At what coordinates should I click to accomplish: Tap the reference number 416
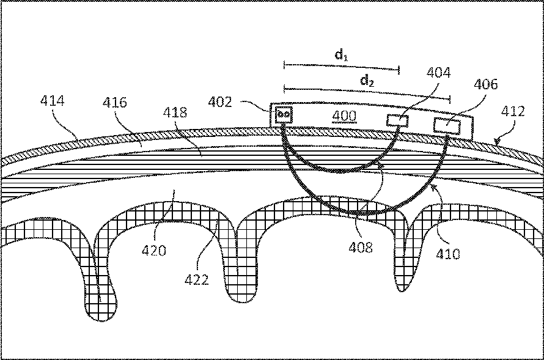pyautogui.click(x=115, y=102)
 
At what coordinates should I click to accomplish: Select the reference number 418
pyautogui.click(x=176, y=112)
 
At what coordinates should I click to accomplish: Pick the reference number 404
pyautogui.click(x=439, y=74)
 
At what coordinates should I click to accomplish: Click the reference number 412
pyautogui.click(x=513, y=111)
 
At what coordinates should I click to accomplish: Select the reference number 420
pyautogui.click(x=154, y=249)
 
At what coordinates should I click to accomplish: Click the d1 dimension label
pyautogui.click(x=342, y=56)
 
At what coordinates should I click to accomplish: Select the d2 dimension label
pyautogui.click(x=367, y=80)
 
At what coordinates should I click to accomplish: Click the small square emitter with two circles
pyautogui.click(x=283, y=114)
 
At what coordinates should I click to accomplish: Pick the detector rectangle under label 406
pyautogui.click(x=447, y=125)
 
